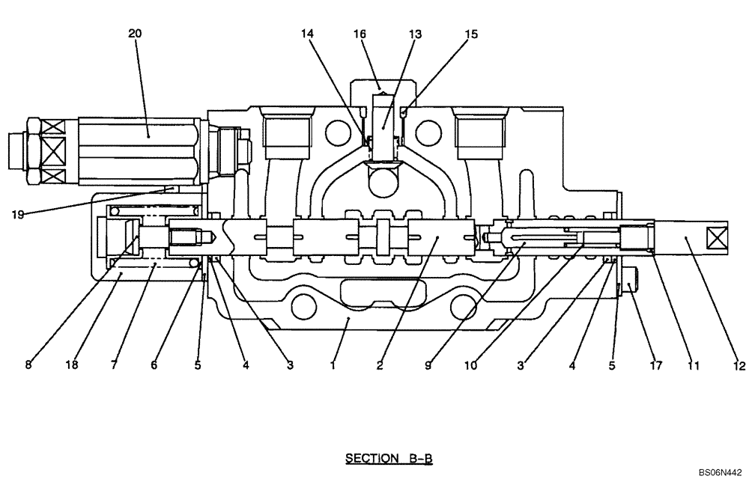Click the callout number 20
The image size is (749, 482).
[135, 33]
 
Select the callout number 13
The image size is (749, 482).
[415, 34]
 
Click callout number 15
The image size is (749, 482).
[470, 34]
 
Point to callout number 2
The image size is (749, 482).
[380, 366]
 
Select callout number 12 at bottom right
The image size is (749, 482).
[739, 366]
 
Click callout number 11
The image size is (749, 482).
[693, 366]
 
